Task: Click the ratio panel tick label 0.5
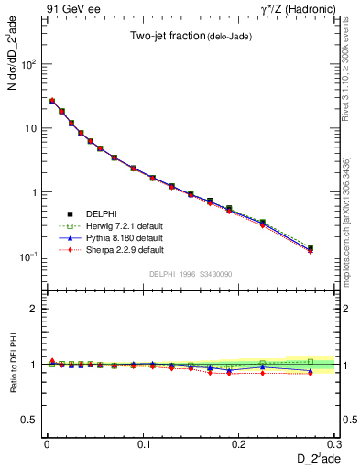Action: (x=29, y=420)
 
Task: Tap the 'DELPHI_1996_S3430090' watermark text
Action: (x=191, y=274)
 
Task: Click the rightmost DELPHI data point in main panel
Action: (x=310, y=247)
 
